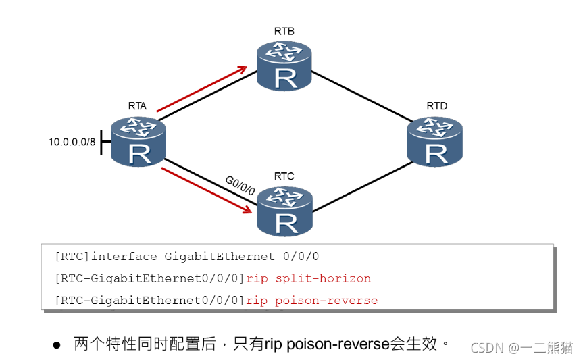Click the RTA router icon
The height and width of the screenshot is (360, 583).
(138, 140)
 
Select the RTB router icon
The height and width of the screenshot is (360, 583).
(284, 65)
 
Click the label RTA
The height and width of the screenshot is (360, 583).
(138, 106)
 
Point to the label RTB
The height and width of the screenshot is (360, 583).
(284, 31)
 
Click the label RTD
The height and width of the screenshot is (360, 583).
(436, 106)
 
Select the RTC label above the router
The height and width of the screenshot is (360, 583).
(284, 176)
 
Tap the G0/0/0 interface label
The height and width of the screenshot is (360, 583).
(240, 184)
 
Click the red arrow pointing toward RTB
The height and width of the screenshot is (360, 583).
(201, 88)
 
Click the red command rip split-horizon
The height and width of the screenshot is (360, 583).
(309, 278)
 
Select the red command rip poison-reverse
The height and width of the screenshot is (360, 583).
(312, 300)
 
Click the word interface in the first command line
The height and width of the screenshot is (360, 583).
(126, 257)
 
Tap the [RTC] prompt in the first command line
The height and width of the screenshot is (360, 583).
(72, 257)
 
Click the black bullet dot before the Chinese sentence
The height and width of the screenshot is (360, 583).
(57, 344)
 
